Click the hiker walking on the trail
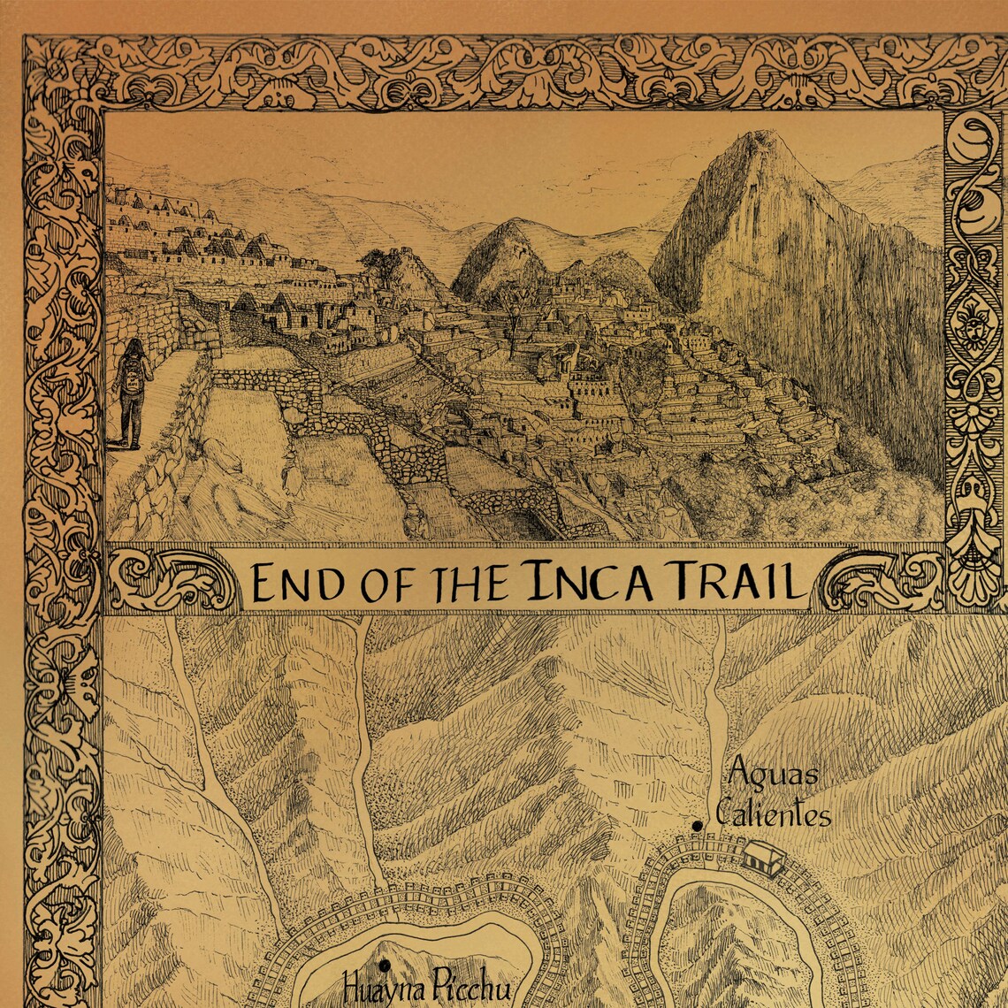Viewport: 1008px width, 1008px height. click(131, 393)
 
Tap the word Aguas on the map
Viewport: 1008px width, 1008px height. click(773, 775)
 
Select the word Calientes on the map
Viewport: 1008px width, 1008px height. click(774, 813)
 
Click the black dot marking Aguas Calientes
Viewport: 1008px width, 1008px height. click(698, 826)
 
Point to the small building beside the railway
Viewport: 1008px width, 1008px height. click(764, 858)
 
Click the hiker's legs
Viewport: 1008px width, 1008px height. click(130, 420)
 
